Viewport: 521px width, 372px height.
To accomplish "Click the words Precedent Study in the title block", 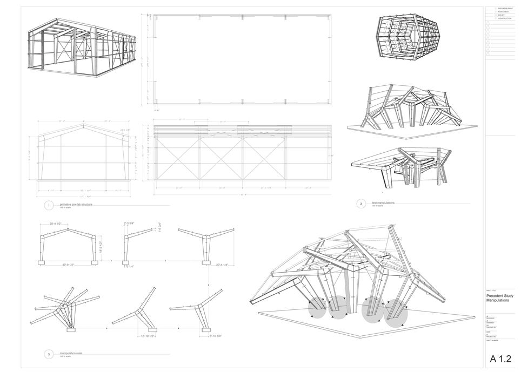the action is pyautogui.click(x=498, y=296).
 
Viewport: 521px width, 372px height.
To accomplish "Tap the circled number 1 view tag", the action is pyautogui.click(x=49, y=206).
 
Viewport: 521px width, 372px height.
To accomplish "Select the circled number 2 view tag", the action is pyautogui.click(x=361, y=204).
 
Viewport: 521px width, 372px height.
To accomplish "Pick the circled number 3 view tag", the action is pyautogui.click(x=49, y=354).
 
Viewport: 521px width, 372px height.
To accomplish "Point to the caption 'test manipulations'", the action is pyautogui.click(x=383, y=202).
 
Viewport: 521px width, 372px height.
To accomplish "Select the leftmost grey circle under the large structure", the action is pyautogui.click(x=319, y=308).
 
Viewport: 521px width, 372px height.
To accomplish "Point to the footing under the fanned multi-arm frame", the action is pyautogui.click(x=70, y=328).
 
